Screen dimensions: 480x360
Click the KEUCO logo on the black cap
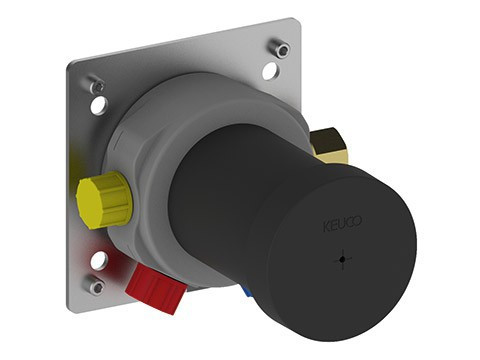pyautogui.click(x=342, y=222)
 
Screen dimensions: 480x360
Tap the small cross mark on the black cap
pyautogui.click(x=343, y=260)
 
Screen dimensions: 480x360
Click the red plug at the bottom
pyautogui.click(x=155, y=287)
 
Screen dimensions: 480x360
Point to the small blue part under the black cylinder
pyautogui.click(x=247, y=291)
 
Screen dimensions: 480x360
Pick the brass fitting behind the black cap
pyautogui.click(x=328, y=146)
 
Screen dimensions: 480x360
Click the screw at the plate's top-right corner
pyautogui.click(x=280, y=48)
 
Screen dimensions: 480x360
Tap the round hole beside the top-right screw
pyautogui.click(x=271, y=71)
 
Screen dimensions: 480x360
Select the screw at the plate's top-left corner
pyautogui.click(x=97, y=85)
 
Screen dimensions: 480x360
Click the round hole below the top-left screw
pyautogui.click(x=99, y=105)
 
